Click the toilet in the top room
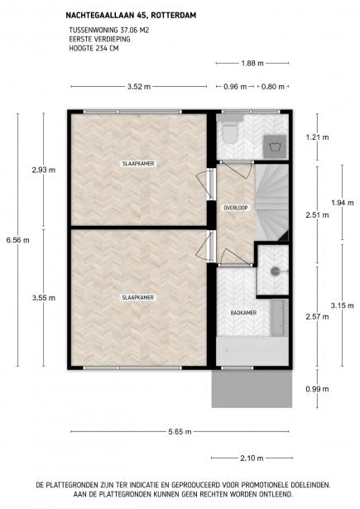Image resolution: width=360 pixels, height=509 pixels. [230, 131]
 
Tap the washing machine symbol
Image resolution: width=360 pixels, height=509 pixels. [275, 146]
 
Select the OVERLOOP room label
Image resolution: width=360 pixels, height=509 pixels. [236, 208]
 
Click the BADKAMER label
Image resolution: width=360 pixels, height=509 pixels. [243, 313]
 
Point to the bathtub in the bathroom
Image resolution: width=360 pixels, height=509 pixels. [252, 351]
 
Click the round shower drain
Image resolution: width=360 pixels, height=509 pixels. [276, 271]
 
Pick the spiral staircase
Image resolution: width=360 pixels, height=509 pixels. [271, 203]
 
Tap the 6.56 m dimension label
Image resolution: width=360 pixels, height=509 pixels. [18, 240]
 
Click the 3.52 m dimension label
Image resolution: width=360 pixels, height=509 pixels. [139, 87]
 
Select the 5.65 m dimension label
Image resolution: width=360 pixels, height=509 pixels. [180, 432]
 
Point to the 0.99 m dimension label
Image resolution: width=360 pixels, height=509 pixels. [317, 389]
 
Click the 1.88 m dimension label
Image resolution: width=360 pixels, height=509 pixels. [252, 63]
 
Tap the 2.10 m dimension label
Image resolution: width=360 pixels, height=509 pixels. [252, 459]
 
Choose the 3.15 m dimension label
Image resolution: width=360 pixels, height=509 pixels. [342, 305]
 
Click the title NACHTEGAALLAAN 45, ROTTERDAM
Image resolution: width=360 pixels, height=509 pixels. [131, 15]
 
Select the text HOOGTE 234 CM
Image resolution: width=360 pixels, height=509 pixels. [94, 48]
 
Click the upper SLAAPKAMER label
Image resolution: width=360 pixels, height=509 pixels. [138, 164]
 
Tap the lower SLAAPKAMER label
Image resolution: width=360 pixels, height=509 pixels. [137, 298]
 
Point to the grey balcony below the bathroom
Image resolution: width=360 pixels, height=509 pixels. [252, 389]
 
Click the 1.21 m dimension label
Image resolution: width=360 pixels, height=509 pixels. [317, 137]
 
